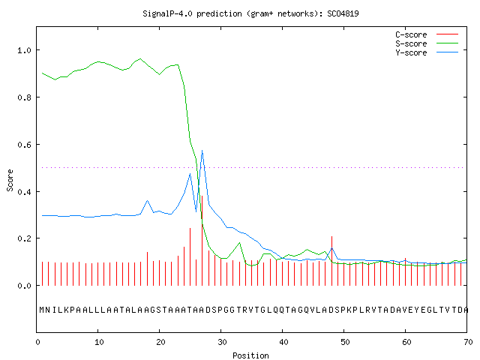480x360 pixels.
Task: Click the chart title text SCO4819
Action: pyautogui.click(x=343, y=13)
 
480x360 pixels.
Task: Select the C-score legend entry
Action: pyautogui.click(x=427, y=34)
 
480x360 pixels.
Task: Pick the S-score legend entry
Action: pyautogui.click(x=427, y=43)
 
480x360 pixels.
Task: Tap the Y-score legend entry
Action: pyautogui.click(x=427, y=52)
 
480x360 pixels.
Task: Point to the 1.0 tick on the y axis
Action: pyautogui.click(x=24, y=50)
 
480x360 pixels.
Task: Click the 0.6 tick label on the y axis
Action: pyautogui.click(x=24, y=145)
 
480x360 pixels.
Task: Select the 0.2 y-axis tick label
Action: pyautogui.click(x=24, y=238)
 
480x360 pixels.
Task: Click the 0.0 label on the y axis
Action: pyautogui.click(x=24, y=286)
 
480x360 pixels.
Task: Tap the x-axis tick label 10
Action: pyautogui.click(x=99, y=342)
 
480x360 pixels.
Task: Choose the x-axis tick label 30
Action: pyautogui.click(x=222, y=342)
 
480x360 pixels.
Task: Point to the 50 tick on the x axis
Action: pyautogui.click(x=345, y=342)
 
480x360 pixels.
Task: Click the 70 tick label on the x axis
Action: pyautogui.click(x=468, y=342)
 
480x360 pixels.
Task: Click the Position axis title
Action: pyautogui.click(x=250, y=355)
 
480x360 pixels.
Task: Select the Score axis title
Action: pyautogui.click(x=10, y=181)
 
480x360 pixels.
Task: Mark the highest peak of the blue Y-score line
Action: pyautogui.click(x=202, y=151)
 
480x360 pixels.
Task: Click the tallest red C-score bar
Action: pyautogui.click(x=202, y=241)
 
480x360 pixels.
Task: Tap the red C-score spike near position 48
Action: pyautogui.click(x=331, y=261)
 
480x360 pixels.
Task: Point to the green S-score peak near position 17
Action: pyautogui.click(x=140, y=58)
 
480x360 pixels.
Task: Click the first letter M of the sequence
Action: pyautogui.click(x=42, y=310)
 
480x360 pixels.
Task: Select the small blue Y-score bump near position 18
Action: pyautogui.click(x=147, y=201)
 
